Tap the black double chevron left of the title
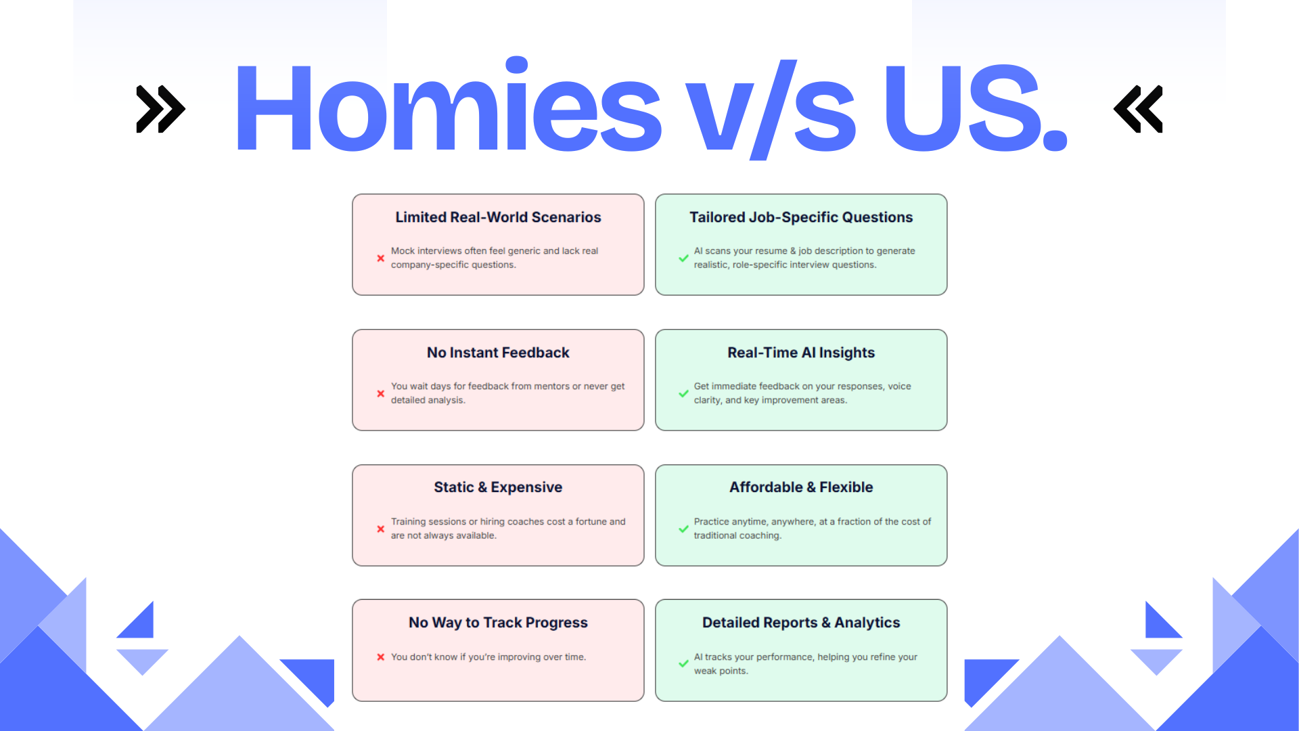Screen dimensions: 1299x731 pyautogui.click(x=161, y=108)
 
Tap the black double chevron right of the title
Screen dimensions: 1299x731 pyautogui.click(x=1138, y=108)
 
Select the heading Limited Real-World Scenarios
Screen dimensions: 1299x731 pyautogui.click(x=498, y=217)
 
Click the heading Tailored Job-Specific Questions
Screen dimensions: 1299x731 pyautogui.click(x=801, y=217)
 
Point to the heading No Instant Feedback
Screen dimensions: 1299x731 pyautogui.click(x=498, y=353)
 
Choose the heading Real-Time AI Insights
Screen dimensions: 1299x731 pyautogui.click(x=801, y=353)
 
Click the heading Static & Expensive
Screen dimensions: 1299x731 pyautogui.click(x=498, y=487)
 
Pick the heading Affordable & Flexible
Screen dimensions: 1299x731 pyautogui.click(x=801, y=487)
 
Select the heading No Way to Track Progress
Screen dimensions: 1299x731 pyautogui.click(x=498, y=623)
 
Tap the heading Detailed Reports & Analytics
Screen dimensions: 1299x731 pyautogui.click(x=801, y=623)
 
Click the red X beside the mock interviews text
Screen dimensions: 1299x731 pyautogui.click(x=381, y=258)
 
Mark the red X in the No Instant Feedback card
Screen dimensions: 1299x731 pyautogui.click(x=381, y=393)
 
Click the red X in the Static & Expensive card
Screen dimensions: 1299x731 pyautogui.click(x=381, y=529)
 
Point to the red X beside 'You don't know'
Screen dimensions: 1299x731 pyautogui.click(x=381, y=657)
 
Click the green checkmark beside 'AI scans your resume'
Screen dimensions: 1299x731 pyautogui.click(x=683, y=258)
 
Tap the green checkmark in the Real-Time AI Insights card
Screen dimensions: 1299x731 pyautogui.click(x=683, y=393)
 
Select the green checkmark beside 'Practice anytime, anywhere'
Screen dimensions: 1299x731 pyautogui.click(x=683, y=529)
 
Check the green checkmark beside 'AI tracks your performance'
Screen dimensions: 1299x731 pyautogui.click(x=683, y=664)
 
